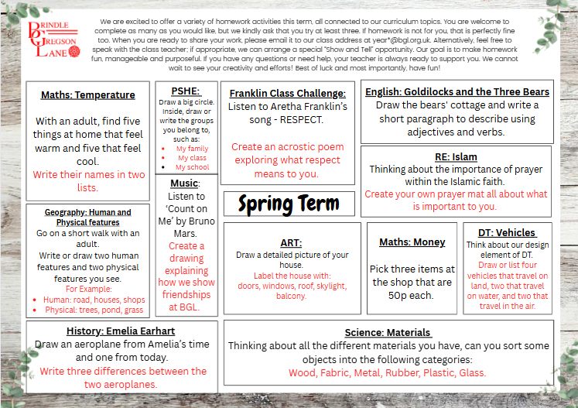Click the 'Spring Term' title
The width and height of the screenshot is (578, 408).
click(x=289, y=204)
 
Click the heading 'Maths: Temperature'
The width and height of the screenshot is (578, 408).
click(x=88, y=95)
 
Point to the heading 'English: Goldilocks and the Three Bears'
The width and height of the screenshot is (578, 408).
click(x=457, y=91)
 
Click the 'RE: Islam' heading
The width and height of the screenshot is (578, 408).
click(x=456, y=156)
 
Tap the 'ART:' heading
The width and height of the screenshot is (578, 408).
click(x=291, y=242)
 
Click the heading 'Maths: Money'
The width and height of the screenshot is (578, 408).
click(x=412, y=242)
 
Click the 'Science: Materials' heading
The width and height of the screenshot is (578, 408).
click(x=388, y=332)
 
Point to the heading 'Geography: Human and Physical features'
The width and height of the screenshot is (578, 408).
click(x=87, y=217)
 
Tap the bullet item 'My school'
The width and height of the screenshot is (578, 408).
click(x=192, y=167)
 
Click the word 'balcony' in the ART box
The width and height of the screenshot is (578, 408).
click(x=291, y=296)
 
